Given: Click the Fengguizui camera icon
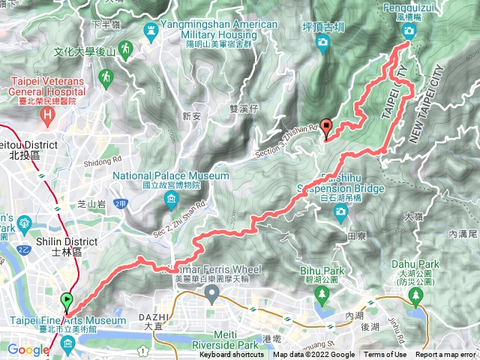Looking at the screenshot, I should [x=409, y=31].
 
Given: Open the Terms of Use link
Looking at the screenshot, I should [x=385, y=355].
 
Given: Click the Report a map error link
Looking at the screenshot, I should [x=446, y=355].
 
